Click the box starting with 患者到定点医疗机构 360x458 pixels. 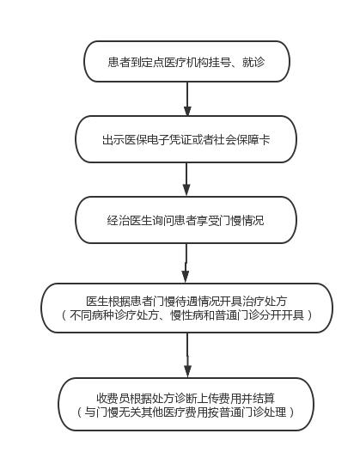186,61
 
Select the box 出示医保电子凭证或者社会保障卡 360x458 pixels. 186,139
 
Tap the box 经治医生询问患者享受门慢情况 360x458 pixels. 186,220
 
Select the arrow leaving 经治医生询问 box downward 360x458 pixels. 186,263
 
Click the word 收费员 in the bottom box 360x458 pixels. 113,398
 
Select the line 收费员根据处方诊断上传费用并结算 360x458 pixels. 186,398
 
